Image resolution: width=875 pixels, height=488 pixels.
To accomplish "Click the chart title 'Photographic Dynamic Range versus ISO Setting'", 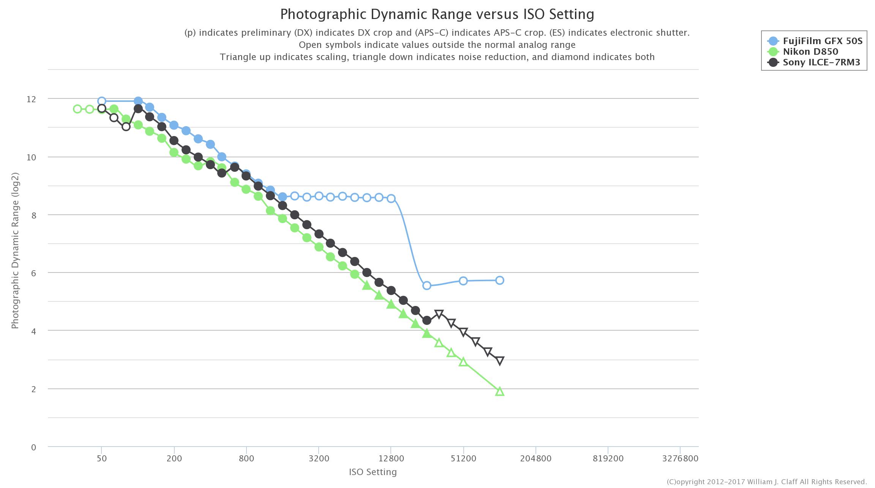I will point(437,14).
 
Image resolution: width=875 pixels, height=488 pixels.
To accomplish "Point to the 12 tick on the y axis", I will point(31,99).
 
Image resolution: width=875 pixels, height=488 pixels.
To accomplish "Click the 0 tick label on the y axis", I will point(33,447).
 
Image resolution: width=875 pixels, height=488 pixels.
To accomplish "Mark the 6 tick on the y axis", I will point(33,273).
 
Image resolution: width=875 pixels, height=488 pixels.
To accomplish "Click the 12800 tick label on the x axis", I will point(391,459).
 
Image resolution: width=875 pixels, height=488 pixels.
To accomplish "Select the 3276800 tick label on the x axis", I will point(680,459).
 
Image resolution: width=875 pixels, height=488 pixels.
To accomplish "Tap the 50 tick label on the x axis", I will point(101,459).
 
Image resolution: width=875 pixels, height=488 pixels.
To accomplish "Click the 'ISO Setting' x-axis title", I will point(373,472).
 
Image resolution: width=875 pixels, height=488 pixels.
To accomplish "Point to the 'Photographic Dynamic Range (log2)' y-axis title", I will point(15,251).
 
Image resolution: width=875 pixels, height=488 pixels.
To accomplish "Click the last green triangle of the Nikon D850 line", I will point(500,391).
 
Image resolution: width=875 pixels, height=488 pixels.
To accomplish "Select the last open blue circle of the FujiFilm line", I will point(500,280).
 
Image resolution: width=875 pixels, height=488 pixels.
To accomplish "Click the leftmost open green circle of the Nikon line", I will point(77,109).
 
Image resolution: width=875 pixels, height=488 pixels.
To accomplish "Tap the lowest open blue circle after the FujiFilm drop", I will point(427,285).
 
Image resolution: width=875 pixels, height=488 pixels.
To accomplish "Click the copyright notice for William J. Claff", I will point(766,482).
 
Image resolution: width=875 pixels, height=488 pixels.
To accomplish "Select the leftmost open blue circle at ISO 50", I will point(101,101).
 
